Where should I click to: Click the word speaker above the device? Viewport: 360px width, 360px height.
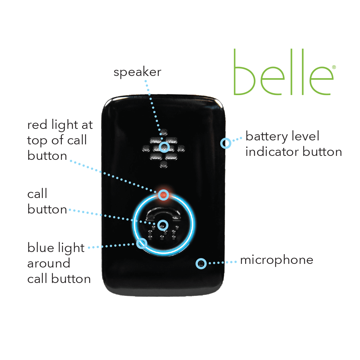pos(137,72)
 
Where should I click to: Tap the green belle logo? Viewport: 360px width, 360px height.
pos(284,72)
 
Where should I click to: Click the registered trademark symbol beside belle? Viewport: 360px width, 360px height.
pos(334,67)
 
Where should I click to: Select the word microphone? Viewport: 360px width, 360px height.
pos(276,260)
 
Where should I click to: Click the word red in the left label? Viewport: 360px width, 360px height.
pos(37,125)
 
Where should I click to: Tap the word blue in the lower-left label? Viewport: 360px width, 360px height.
pos(41,248)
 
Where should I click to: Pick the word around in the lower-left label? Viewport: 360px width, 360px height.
pos(49,263)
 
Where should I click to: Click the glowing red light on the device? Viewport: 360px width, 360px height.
pos(163,195)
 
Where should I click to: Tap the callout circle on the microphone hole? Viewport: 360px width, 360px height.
pos(201,264)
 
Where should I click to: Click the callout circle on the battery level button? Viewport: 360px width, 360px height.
pos(226,143)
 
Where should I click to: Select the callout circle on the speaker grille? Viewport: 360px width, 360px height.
pos(165,147)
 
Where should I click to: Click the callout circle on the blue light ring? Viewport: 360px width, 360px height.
pos(141,243)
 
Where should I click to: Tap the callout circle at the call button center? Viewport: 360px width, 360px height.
pos(163,225)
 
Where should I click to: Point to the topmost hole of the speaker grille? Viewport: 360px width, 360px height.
pos(164,132)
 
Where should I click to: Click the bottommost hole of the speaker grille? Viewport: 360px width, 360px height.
pos(163,165)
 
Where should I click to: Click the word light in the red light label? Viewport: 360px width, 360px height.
pos(65,125)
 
